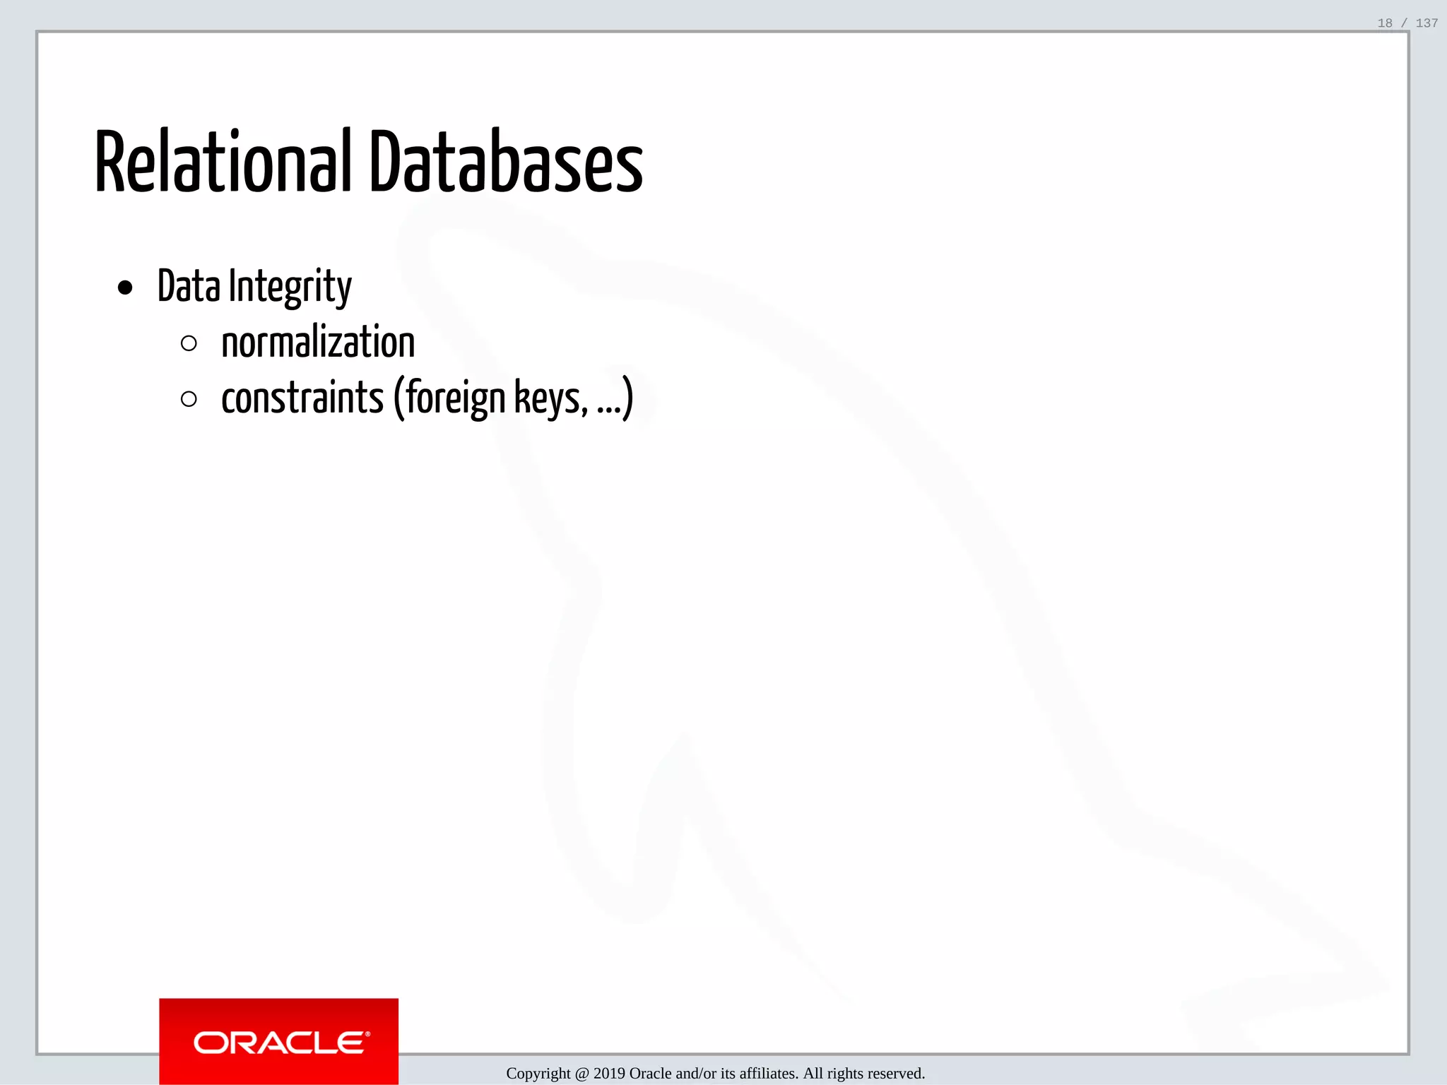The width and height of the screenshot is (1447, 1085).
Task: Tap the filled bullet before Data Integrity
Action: [x=126, y=287]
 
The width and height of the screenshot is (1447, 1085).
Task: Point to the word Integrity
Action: [x=290, y=287]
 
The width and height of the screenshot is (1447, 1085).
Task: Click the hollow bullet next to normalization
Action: [x=189, y=343]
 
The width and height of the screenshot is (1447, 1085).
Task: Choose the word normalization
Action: [x=318, y=343]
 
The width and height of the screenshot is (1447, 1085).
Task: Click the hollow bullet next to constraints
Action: [x=189, y=399]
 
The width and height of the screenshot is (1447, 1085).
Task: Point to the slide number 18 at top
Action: [x=1385, y=23]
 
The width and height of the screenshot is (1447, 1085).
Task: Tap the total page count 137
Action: [x=1427, y=23]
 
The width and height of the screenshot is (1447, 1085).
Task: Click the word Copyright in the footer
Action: [x=538, y=1074]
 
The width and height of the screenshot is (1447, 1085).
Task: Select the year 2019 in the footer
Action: [x=609, y=1074]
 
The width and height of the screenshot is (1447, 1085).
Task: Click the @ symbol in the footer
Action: [x=581, y=1074]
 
